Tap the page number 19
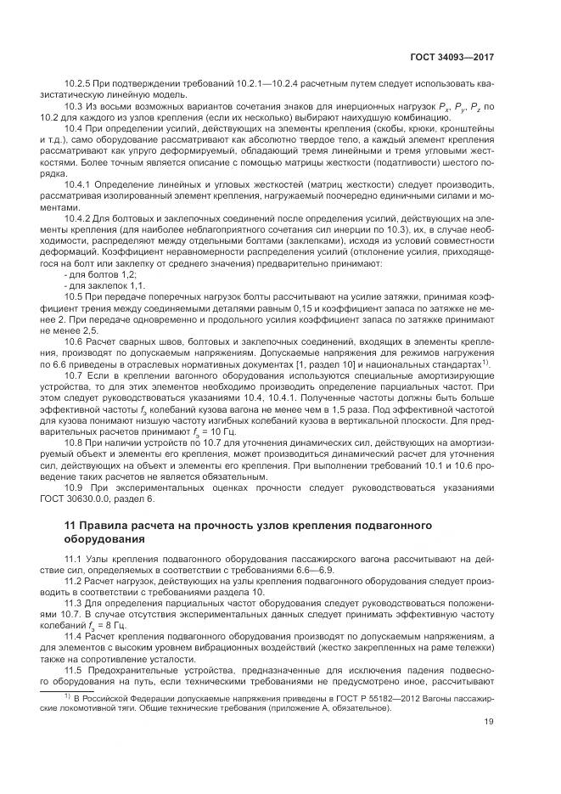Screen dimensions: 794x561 [x=489, y=723]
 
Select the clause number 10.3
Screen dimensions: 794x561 [x=74, y=107]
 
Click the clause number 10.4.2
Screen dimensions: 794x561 [x=78, y=219]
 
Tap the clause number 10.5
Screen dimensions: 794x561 [x=74, y=296]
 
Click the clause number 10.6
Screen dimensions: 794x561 [x=74, y=340]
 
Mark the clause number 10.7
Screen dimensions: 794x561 [x=74, y=374]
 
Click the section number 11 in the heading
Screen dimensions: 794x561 [x=70, y=526]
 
